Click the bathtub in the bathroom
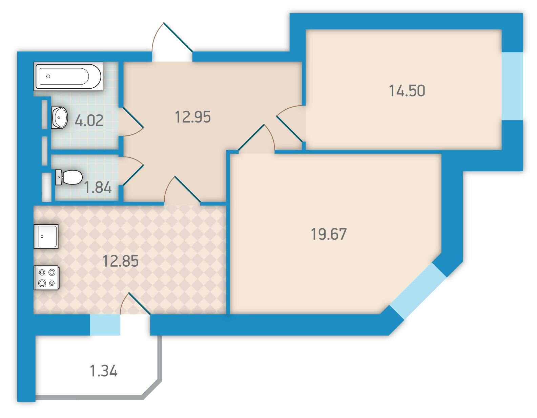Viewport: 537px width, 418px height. [68, 76]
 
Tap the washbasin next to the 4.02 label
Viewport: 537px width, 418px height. [59, 118]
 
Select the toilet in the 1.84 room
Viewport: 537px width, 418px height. [69, 177]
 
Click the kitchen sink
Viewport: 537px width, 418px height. [46, 236]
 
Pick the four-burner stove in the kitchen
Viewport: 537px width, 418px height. [46, 278]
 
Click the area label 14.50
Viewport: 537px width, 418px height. [407, 91]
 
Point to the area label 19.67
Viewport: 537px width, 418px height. [329, 234]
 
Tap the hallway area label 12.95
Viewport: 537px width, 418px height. [193, 117]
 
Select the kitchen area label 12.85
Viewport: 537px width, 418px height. [120, 261]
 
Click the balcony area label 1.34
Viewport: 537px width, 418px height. [104, 371]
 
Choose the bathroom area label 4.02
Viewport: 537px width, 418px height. [89, 121]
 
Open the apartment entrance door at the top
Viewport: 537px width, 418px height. [172, 42]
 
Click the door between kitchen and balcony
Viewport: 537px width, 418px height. [135, 304]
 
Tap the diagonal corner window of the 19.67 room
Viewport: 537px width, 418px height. [418, 291]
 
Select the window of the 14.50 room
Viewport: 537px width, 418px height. [512, 86]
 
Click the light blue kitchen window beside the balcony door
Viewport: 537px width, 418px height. [105, 325]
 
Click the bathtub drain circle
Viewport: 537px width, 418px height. [48, 76]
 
